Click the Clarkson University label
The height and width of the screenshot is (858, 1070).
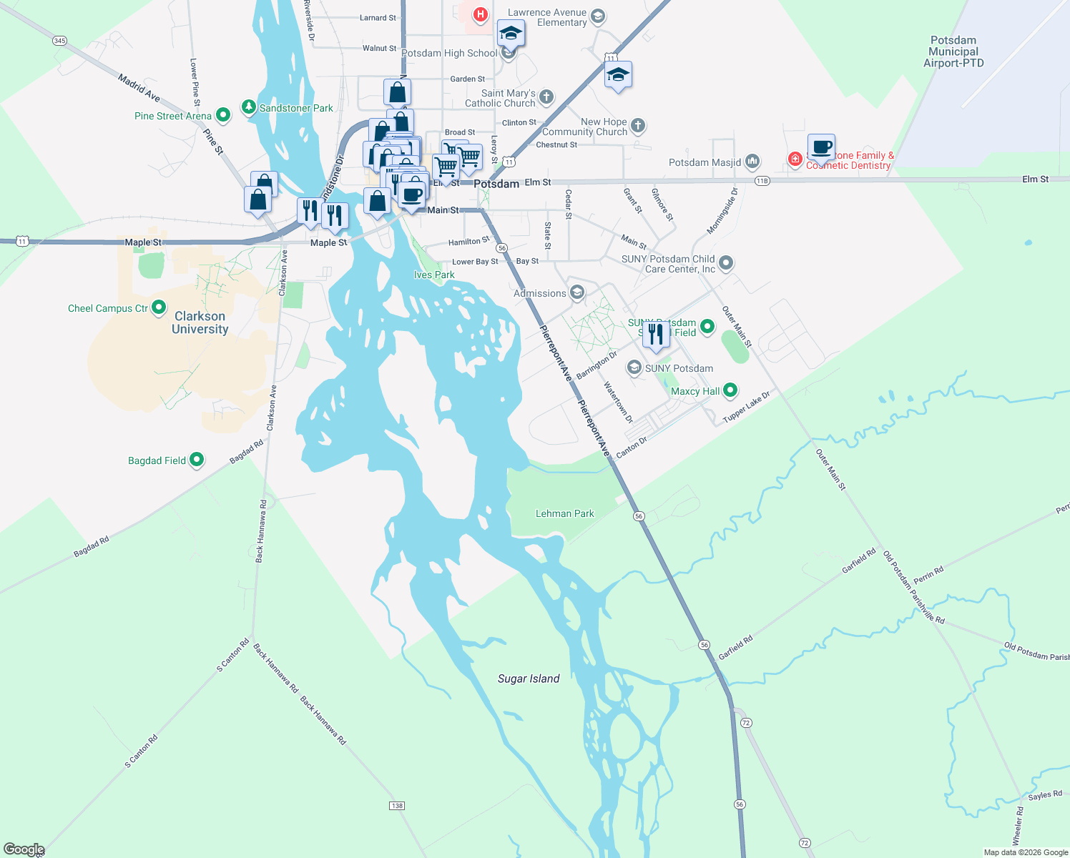[200, 322]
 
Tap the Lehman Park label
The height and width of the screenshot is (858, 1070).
[564, 513]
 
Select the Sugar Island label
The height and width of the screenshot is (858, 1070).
[529, 679]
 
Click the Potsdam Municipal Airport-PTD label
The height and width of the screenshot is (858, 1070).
[953, 51]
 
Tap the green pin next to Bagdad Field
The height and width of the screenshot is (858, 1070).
[197, 460]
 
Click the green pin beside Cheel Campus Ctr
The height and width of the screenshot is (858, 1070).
[159, 307]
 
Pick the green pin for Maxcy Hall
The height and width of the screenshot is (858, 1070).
[730, 390]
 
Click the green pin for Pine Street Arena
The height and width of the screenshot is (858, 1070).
[222, 114]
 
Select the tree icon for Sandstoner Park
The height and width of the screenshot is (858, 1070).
[248, 107]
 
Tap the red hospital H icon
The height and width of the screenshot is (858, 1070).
[481, 14]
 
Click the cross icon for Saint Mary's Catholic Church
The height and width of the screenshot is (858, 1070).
[546, 97]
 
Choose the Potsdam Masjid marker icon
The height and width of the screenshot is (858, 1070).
[752, 162]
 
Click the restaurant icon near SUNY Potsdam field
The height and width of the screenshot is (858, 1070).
[656, 333]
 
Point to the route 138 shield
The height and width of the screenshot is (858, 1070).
[397, 806]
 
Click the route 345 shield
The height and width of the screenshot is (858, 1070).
[59, 41]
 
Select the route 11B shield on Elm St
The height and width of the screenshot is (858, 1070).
[762, 181]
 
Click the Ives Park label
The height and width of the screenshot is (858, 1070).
[434, 275]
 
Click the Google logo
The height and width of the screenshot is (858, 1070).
[24, 849]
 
